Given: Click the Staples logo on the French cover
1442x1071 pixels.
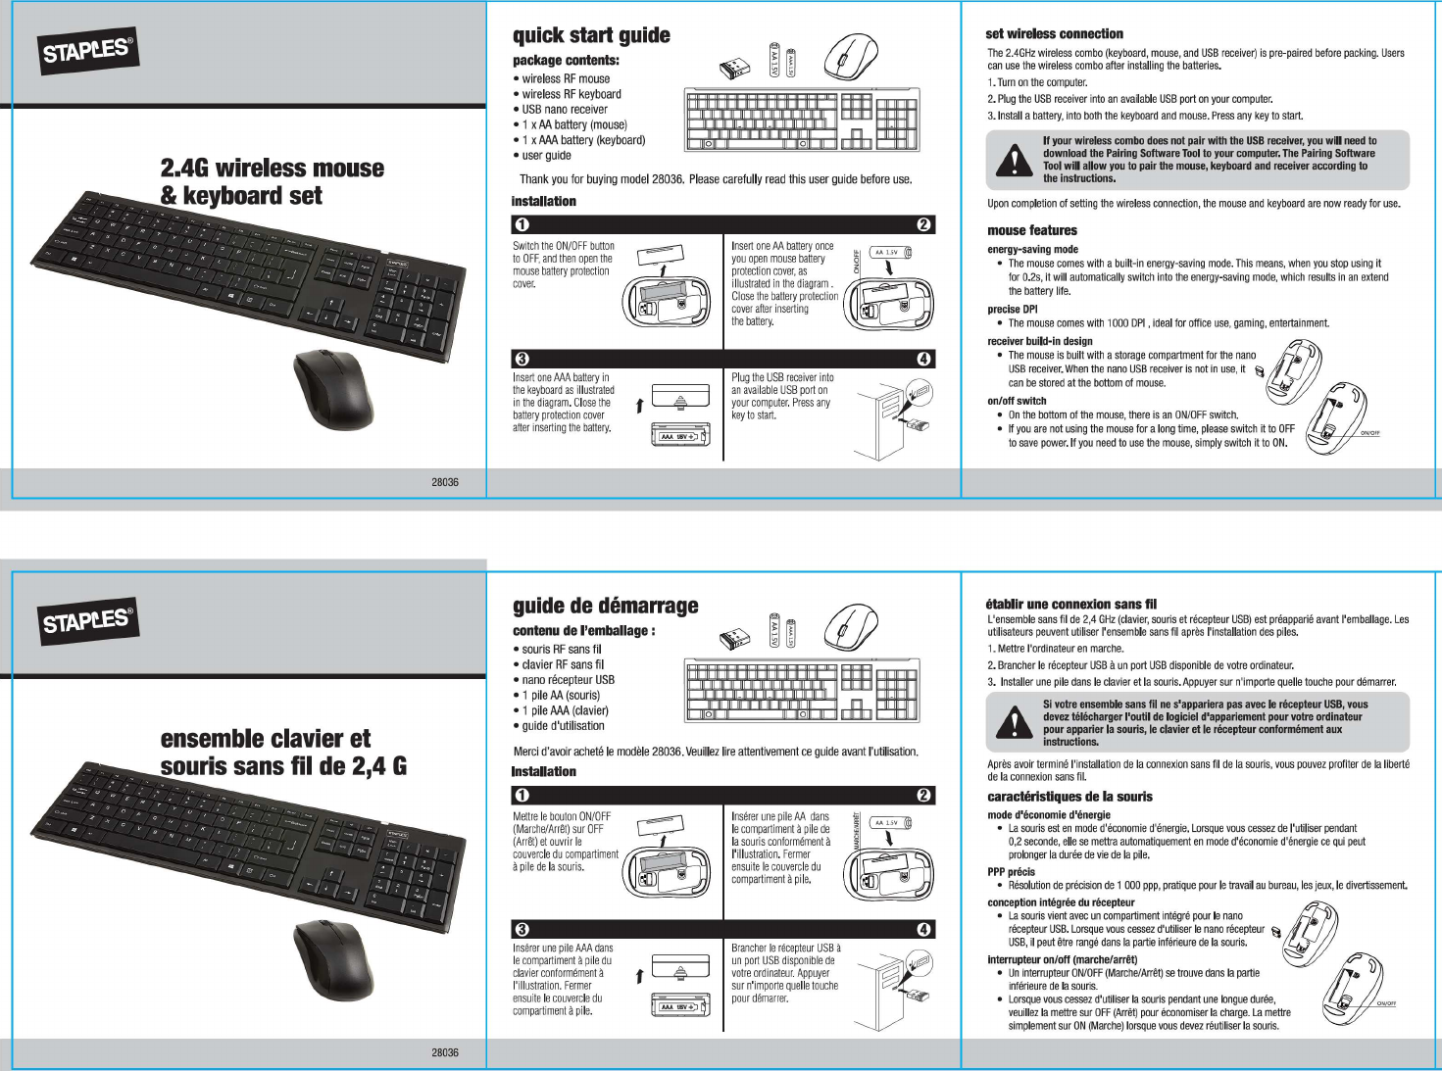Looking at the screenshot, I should coord(86,620).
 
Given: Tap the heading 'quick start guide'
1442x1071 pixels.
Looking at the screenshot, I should coord(591,36).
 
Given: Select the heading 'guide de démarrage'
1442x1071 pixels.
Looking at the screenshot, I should coord(605,606).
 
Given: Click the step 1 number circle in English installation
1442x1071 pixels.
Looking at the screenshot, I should coord(522,225).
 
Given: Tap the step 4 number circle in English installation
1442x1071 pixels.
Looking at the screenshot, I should coord(923,359).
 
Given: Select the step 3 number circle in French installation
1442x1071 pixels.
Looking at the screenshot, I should coord(522,929).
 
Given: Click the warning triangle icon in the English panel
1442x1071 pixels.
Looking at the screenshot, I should coord(1014,160).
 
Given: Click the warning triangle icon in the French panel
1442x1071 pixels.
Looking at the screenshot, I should coord(1014,723).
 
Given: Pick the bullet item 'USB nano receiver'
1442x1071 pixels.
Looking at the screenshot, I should coord(564,110).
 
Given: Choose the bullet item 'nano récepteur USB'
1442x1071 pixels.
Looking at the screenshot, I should coord(568,680).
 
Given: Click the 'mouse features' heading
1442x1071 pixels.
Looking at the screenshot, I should coord(1031,230).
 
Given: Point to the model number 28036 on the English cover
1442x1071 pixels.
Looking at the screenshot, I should coord(445,482).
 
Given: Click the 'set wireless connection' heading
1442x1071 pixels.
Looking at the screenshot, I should coord(1054,33).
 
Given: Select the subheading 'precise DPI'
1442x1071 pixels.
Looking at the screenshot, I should coord(1012,310).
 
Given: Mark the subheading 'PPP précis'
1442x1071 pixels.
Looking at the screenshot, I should coord(1011,871).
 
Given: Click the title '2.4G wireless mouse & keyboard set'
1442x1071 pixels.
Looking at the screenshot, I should coord(272,182).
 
